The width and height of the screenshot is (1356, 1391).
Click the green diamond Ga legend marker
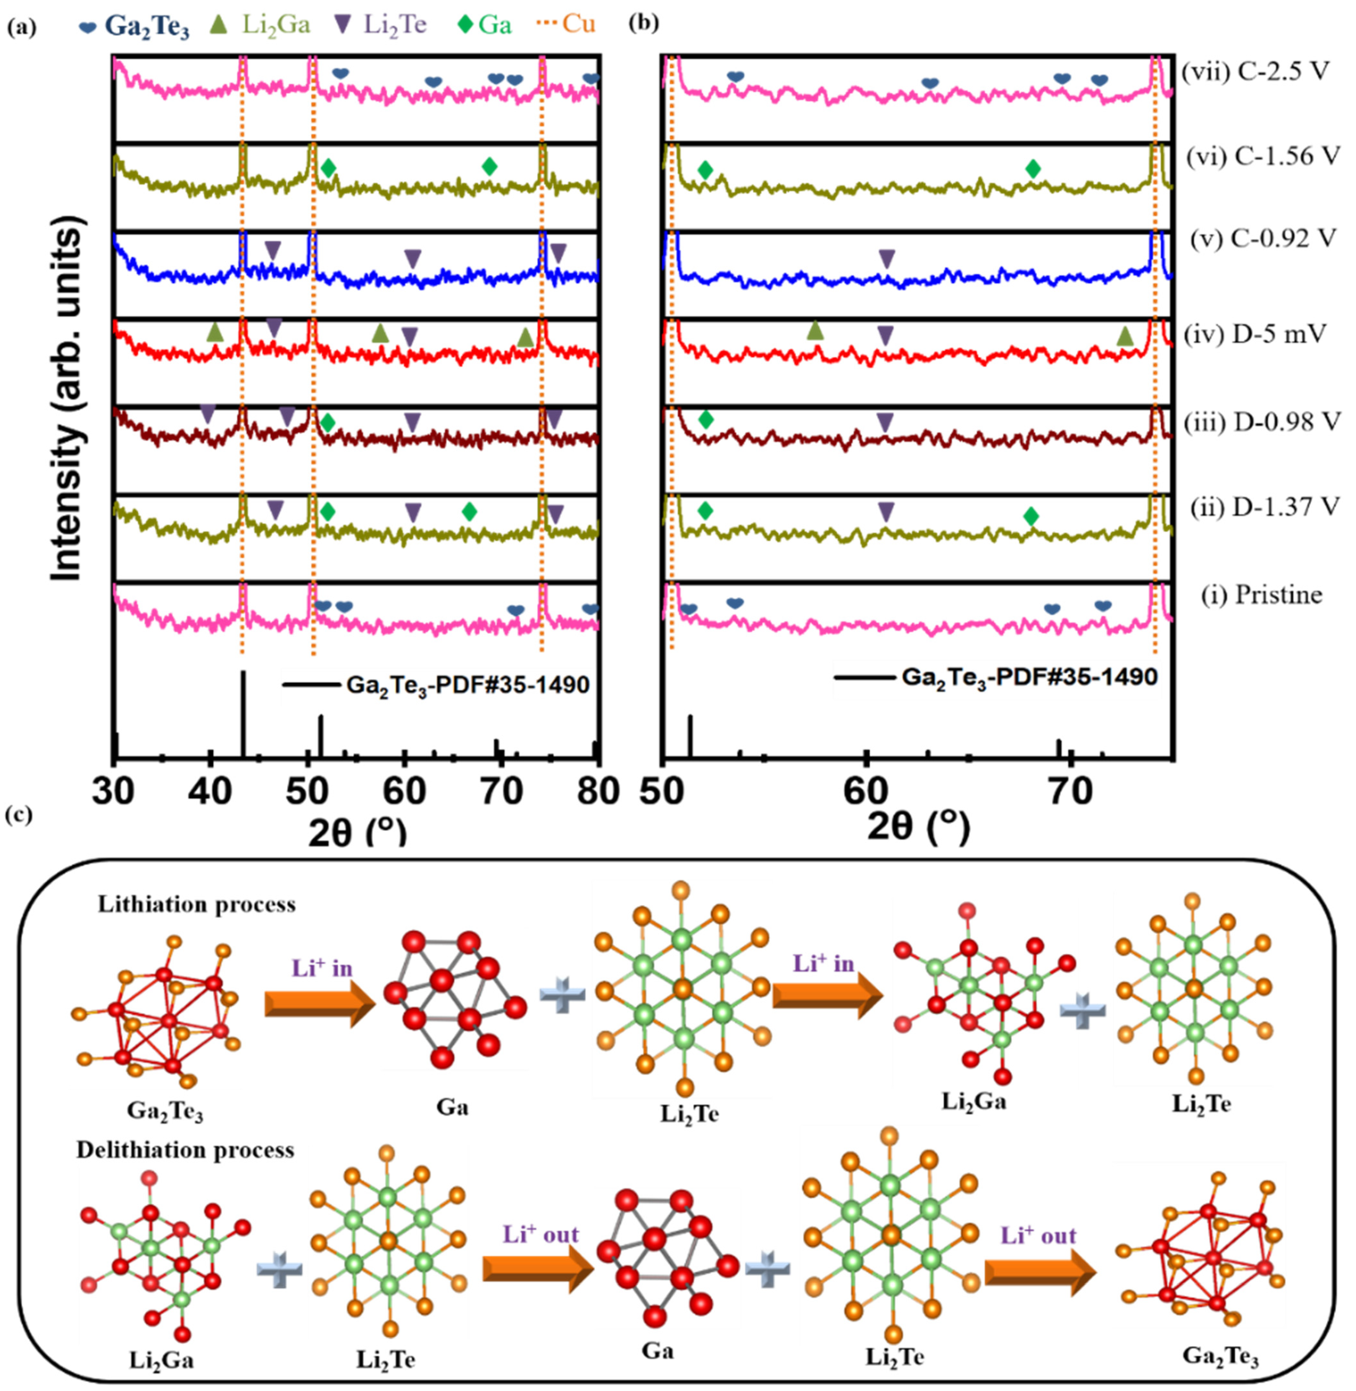[x=466, y=25]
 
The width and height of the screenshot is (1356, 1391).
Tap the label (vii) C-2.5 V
[x=1255, y=72]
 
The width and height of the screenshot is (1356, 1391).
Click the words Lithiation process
[x=196, y=905]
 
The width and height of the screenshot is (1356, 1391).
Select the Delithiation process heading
[x=185, y=1150]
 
